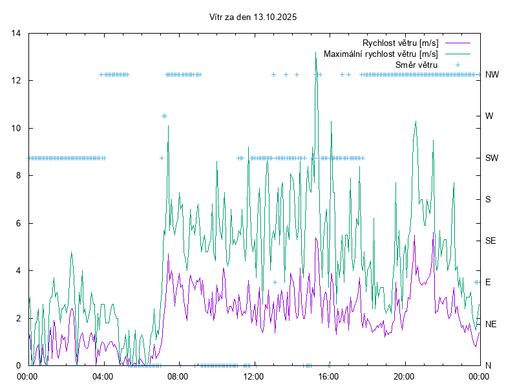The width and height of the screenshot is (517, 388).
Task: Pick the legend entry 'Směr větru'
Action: pos(416,65)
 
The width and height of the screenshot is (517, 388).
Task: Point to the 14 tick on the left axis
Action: pos(16,33)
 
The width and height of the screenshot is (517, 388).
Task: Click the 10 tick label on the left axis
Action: pos(16,128)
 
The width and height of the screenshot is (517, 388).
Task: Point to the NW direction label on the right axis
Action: pos(492,74)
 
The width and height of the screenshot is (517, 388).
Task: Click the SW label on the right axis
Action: pos(492,158)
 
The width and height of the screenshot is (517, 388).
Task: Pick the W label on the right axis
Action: pos(489,116)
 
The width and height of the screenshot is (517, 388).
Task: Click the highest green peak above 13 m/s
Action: pos(316,52)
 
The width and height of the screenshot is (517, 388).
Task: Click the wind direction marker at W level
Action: pos(164,116)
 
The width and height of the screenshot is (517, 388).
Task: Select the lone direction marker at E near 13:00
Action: pos(275,282)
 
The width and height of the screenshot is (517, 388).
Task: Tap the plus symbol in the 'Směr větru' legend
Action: pos(457,65)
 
